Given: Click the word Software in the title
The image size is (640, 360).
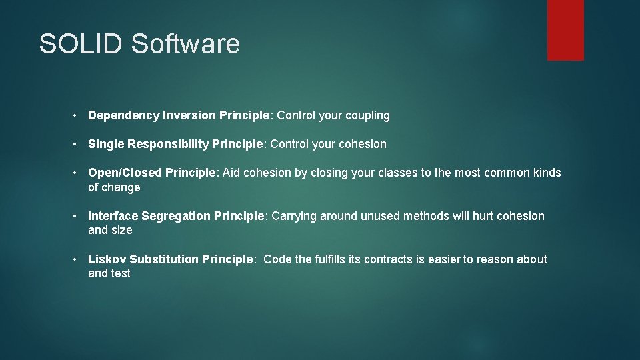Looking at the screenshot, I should point(185,44).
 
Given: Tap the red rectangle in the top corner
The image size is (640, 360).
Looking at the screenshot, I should point(565,30).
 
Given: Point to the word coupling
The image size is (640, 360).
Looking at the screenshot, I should point(367,116).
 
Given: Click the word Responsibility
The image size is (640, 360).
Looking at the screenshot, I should point(167,145).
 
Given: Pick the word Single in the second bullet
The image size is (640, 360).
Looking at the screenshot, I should point(105,145).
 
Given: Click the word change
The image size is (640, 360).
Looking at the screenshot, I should point(121,188).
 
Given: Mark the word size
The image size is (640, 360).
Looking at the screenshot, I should point(121,231).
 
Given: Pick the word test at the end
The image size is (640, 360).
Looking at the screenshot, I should point(121,274).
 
